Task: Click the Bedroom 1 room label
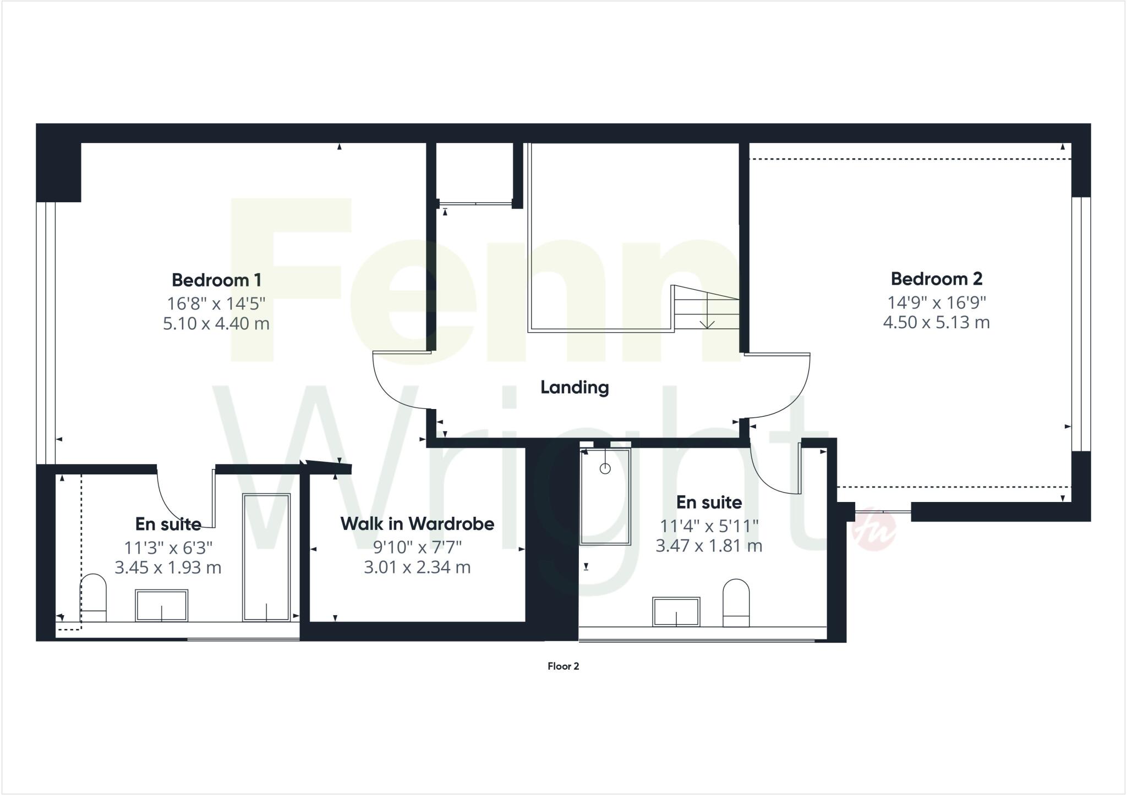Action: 216,280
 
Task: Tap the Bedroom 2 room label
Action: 936,279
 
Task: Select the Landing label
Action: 575,388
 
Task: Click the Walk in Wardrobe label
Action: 417,524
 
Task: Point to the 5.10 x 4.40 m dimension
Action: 216,323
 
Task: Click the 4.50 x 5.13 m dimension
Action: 936,322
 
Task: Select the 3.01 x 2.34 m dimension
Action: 417,567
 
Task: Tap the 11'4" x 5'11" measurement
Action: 709,526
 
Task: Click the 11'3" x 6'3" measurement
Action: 168,548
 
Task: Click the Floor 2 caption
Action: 563,666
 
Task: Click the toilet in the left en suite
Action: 93,597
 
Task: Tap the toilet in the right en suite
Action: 736,603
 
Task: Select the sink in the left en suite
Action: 161,605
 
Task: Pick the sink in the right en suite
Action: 676,611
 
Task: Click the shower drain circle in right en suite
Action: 605,468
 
